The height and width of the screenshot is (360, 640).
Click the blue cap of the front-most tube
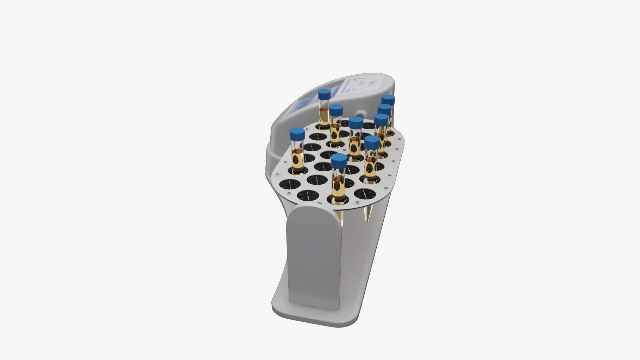click(x=339, y=161)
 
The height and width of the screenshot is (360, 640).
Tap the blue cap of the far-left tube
click(x=297, y=134)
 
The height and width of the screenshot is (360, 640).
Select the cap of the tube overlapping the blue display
click(x=324, y=94)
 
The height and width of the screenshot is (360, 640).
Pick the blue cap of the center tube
click(x=356, y=123)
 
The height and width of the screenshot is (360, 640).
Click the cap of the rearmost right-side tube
click(x=388, y=100)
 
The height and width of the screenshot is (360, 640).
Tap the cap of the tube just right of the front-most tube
click(x=372, y=142)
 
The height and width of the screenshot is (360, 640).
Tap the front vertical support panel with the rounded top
click(x=313, y=253)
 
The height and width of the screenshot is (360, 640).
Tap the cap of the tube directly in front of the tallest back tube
click(x=336, y=110)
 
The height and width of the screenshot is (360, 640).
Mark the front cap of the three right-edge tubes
click(x=381, y=119)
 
